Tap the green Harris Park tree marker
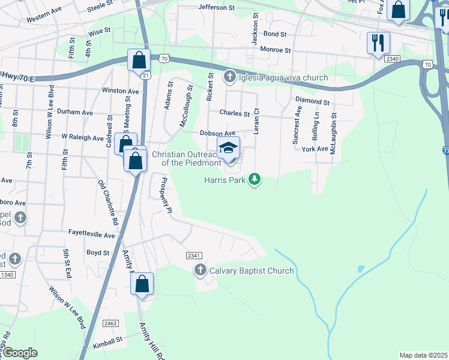pos(255,179)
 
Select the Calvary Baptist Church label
pos(252,271)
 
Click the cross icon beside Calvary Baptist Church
pos(200,271)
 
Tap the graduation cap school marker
pos(228,148)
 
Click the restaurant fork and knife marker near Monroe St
pos(378,43)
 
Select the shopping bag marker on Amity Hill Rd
pos(142,284)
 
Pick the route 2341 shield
pos(194,256)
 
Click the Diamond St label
pos(312,102)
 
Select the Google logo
pos(20,353)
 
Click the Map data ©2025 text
pos(423,355)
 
